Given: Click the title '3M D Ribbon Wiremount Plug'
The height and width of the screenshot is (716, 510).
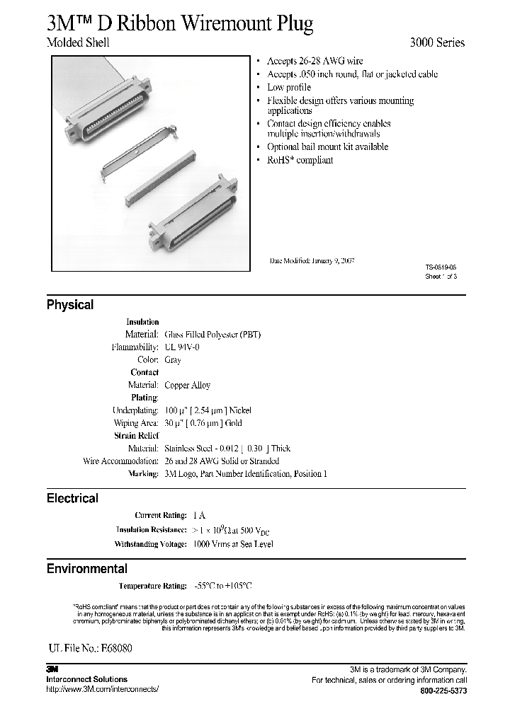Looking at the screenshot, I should pyautogui.click(x=180, y=23).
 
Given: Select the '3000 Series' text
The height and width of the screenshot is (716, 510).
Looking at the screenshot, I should pyautogui.click(x=437, y=42).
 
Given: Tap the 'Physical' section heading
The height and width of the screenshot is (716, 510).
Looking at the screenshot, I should pyautogui.click(x=69, y=305).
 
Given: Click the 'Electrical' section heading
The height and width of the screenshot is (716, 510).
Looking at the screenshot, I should pyautogui.click(x=72, y=498).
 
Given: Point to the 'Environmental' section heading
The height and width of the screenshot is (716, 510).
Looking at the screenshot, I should pyautogui.click(x=86, y=568).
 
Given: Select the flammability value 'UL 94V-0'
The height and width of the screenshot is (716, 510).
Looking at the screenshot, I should pyautogui.click(x=182, y=347).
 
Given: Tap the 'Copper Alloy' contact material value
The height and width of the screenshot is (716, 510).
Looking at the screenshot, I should pyautogui.click(x=187, y=385).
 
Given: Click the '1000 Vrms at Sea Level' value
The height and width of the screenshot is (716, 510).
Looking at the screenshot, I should pyautogui.click(x=233, y=544).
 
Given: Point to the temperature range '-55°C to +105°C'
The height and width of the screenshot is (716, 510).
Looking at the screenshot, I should pyautogui.click(x=223, y=586).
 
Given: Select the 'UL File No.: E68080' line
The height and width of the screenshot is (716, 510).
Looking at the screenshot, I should pyautogui.click(x=90, y=647).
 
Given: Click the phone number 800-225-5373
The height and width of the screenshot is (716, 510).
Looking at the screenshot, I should pyautogui.click(x=443, y=691).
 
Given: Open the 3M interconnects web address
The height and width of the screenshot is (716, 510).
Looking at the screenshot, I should pyautogui.click(x=102, y=688).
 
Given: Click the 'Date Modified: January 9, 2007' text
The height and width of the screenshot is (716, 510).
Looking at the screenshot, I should pyautogui.click(x=312, y=260).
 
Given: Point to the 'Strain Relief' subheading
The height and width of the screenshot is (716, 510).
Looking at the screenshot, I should pyautogui.click(x=136, y=436).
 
